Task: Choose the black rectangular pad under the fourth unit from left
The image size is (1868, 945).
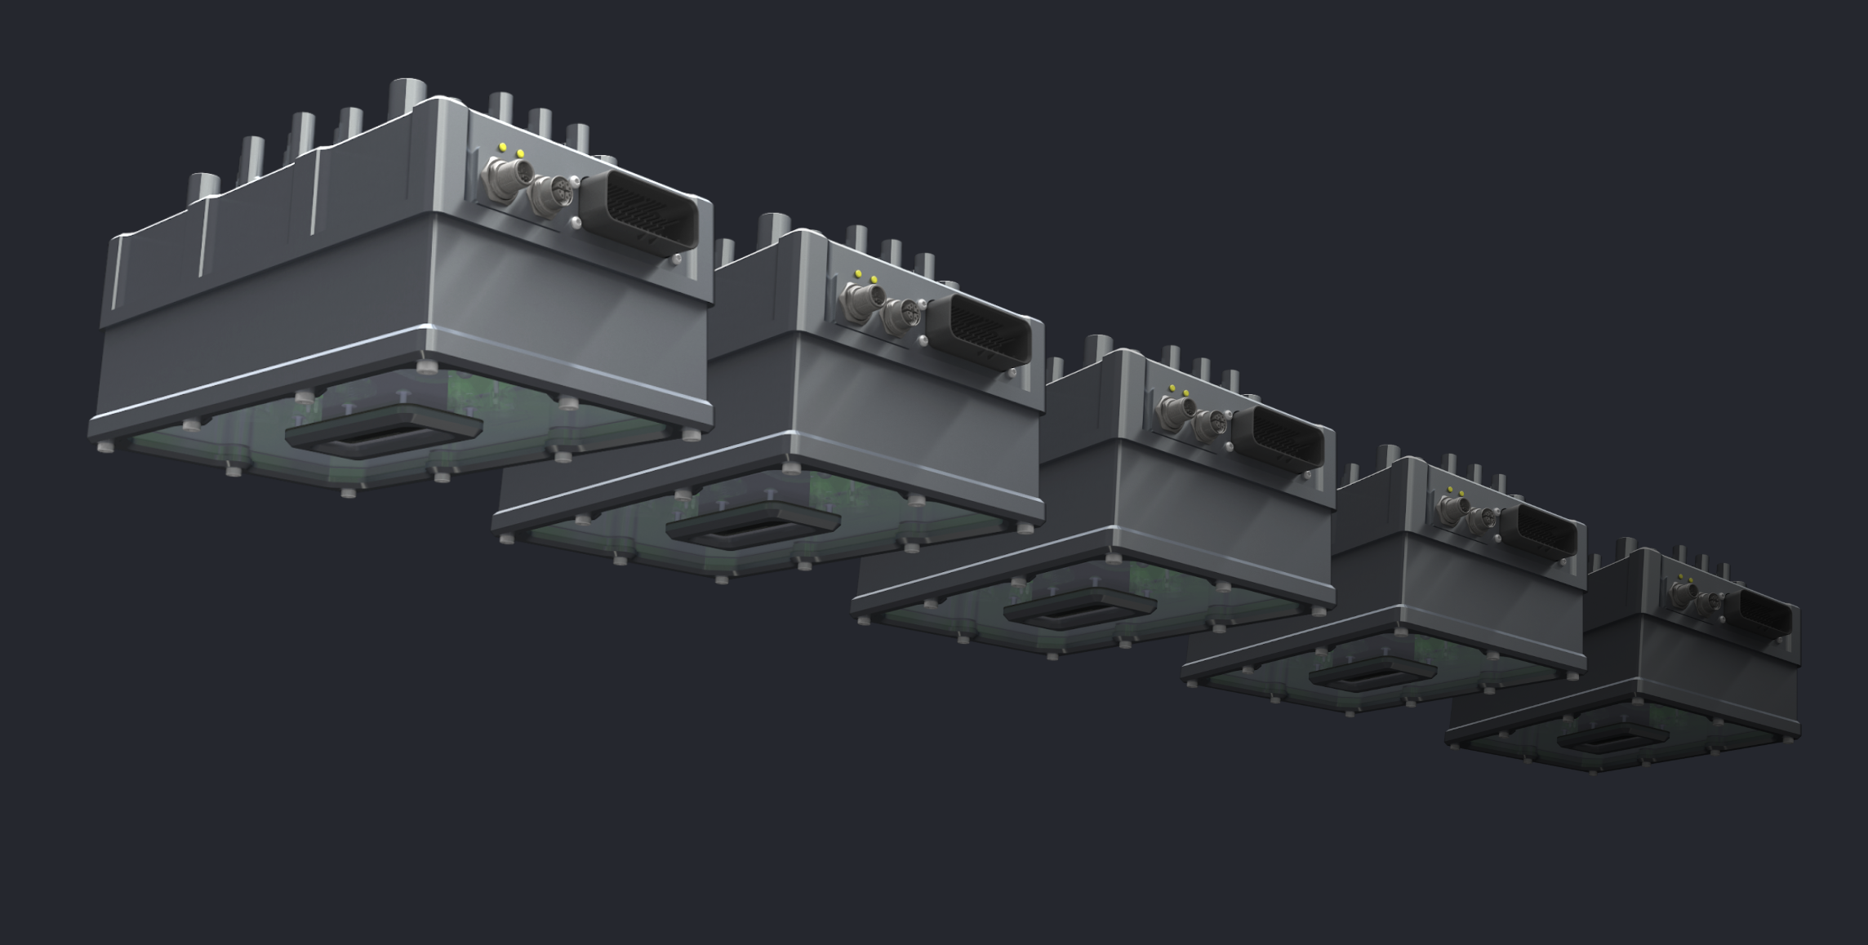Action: pos(1372,674)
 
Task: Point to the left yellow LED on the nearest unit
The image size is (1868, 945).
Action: pos(503,148)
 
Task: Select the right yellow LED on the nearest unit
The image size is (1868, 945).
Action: pos(521,153)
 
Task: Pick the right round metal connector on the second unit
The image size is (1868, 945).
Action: pos(902,313)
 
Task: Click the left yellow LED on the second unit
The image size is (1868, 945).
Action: pos(857,273)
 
